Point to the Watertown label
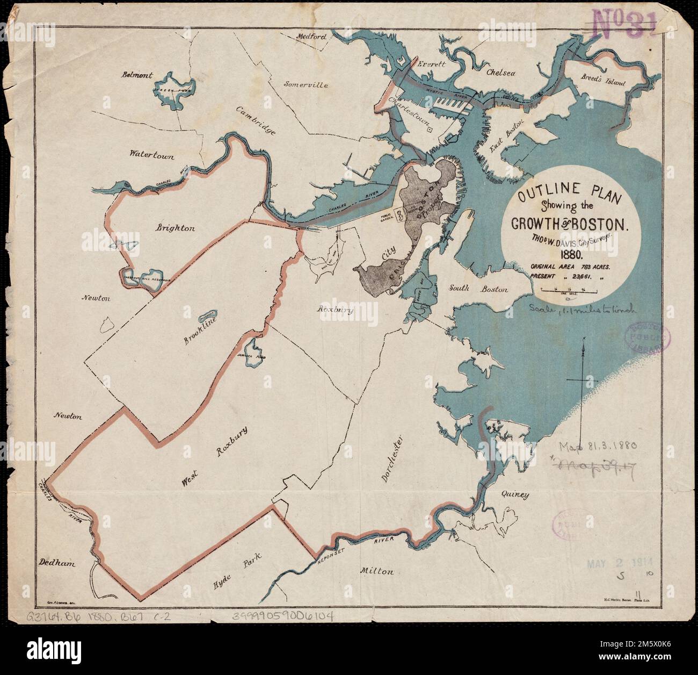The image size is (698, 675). click(152, 154)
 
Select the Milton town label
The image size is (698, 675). click(379, 571)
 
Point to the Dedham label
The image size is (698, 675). click(55, 563)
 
